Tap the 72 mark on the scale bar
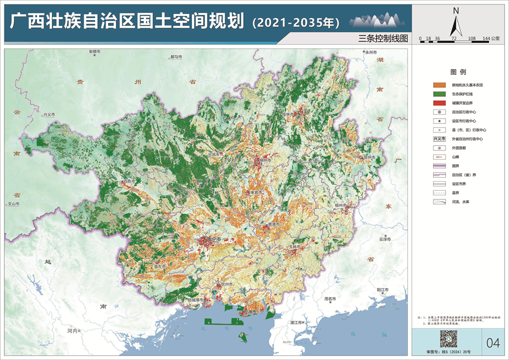click(454, 38)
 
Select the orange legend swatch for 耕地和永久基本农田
click(438, 84)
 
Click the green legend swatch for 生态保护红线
click(438, 93)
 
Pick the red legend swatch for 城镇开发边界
click(438, 102)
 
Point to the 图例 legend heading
click(458, 72)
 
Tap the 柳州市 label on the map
click(264, 161)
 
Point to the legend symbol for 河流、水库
click(438, 201)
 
